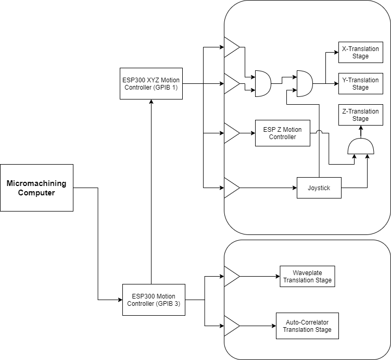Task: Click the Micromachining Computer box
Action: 36,188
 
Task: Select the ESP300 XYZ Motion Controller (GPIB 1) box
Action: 151,83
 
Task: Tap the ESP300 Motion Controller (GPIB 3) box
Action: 154,300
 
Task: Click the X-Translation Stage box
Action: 360,52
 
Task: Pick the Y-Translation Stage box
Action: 360,83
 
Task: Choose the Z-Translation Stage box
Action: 360,115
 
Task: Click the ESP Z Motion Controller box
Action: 283,133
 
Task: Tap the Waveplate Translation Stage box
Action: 306,276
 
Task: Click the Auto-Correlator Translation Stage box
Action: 307,326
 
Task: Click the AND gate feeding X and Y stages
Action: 304,83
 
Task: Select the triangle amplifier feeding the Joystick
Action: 231,188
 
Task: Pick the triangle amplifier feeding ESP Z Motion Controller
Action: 231,133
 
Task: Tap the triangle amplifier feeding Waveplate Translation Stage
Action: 231,276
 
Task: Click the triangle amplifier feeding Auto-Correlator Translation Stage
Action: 231,326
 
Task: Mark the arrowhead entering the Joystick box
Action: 294,188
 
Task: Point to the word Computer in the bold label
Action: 36,193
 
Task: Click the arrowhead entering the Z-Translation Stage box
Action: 360,128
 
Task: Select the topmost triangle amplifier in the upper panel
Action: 231,47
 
